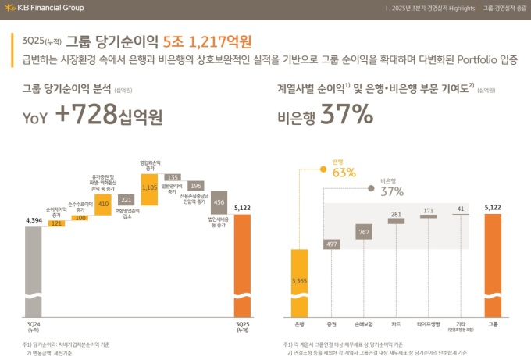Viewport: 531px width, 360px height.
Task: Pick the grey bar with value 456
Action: click(x=219, y=201)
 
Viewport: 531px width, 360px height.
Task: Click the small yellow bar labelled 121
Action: click(x=56, y=224)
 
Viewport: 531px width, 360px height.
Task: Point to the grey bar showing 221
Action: click(x=126, y=200)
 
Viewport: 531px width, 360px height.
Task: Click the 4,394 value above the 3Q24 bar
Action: click(x=34, y=221)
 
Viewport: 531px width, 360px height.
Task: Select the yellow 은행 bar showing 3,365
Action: click(x=299, y=282)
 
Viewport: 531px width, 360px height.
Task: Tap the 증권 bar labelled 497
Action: click(x=332, y=244)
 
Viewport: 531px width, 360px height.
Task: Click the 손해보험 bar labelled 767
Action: click(x=364, y=232)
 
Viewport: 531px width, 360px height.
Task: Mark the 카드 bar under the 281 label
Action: click(x=396, y=221)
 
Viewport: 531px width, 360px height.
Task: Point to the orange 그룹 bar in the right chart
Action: click(x=492, y=266)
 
